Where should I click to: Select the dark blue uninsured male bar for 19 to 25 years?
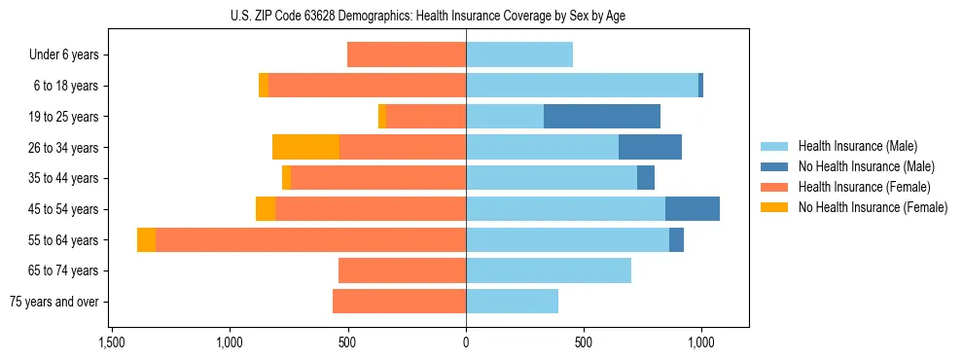click(602, 117)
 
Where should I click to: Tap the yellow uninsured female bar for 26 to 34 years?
click(305, 147)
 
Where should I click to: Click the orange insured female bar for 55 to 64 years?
click(310, 239)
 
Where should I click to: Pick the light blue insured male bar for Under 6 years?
click(519, 55)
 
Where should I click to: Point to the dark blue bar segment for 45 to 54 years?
click(693, 209)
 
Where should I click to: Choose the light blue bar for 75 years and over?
click(512, 302)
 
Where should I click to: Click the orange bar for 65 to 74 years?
click(402, 270)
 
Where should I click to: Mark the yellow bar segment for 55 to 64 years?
click(146, 239)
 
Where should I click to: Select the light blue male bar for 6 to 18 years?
click(582, 86)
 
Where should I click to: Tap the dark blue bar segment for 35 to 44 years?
click(646, 178)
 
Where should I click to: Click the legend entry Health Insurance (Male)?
click(857, 147)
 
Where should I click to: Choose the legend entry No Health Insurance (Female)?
click(873, 207)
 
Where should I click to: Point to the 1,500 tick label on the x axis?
click(112, 342)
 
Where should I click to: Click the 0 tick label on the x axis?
click(466, 342)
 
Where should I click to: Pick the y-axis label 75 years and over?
click(53, 302)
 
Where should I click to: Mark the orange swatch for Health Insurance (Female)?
click(774, 187)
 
